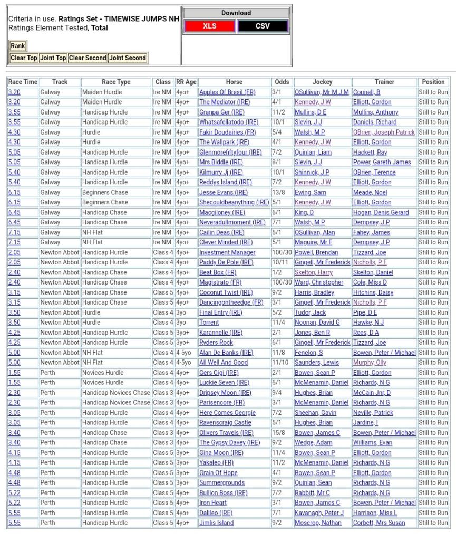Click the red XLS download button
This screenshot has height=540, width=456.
coord(210,26)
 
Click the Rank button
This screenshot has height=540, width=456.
coord(17,46)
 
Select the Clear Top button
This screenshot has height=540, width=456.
coord(24,58)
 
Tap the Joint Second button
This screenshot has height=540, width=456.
coord(128,58)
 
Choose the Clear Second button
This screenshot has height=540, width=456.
coord(88,58)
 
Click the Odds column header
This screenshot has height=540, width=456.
coord(282,82)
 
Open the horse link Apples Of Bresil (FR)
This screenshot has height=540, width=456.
coord(227,92)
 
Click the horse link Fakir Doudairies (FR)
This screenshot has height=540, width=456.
coord(227,132)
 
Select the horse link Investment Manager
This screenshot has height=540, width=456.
coord(227,253)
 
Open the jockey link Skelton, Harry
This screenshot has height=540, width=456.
coord(314,273)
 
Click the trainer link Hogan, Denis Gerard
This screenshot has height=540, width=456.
coord(381,213)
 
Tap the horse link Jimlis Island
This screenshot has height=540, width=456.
coord(216,523)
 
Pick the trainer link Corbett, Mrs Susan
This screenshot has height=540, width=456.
coord(379,523)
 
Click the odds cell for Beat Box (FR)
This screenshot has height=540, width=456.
coord(276,273)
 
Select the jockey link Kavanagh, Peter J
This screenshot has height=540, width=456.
coord(319,513)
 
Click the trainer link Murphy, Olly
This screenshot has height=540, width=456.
coord(370,363)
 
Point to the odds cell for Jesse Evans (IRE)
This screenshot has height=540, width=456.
coord(278,193)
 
